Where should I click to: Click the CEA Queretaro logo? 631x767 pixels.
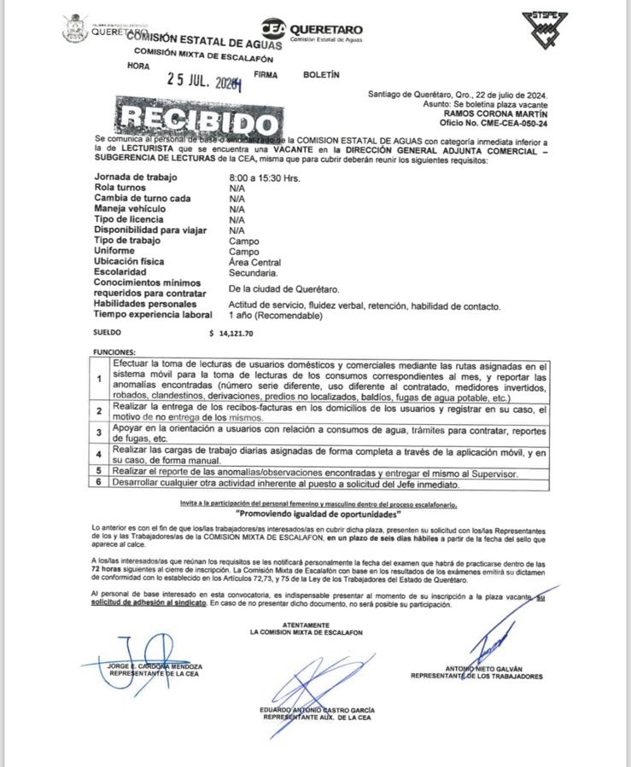(311, 31)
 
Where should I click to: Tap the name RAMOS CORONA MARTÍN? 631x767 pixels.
(496, 112)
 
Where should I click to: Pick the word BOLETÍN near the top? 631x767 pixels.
(321, 74)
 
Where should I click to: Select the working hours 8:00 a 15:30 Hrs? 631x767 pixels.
(265, 177)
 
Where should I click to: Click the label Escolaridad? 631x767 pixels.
(123, 272)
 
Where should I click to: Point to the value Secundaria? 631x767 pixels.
(253, 273)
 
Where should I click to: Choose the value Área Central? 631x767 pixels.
(254, 263)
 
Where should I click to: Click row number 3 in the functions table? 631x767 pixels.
(101, 433)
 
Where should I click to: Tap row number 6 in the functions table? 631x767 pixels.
(101, 483)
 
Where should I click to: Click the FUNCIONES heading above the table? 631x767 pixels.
(114, 352)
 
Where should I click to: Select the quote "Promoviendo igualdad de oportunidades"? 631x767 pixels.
(316, 515)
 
